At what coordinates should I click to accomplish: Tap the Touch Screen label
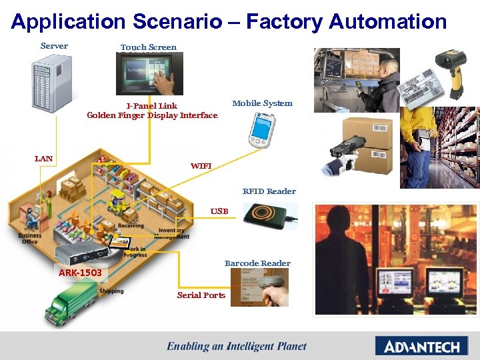pyautogui.click(x=148, y=47)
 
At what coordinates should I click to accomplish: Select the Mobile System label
pyautogui.click(x=262, y=103)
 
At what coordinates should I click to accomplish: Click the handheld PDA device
pyautogui.click(x=261, y=130)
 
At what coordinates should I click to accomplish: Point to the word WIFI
pyautogui.click(x=201, y=165)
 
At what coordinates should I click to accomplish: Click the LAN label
pyautogui.click(x=43, y=159)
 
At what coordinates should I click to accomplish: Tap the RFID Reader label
pyautogui.click(x=269, y=191)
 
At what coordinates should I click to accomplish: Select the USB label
pyautogui.click(x=219, y=211)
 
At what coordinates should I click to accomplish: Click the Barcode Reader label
pyautogui.click(x=257, y=263)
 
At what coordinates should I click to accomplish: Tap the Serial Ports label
pyautogui.click(x=201, y=295)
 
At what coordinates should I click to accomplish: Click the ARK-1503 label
pyautogui.click(x=80, y=273)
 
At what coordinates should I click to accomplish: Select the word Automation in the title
pyautogui.click(x=387, y=21)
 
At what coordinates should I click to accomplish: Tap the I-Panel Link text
pyautogui.click(x=152, y=106)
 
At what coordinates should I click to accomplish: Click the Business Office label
pyautogui.click(x=30, y=239)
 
